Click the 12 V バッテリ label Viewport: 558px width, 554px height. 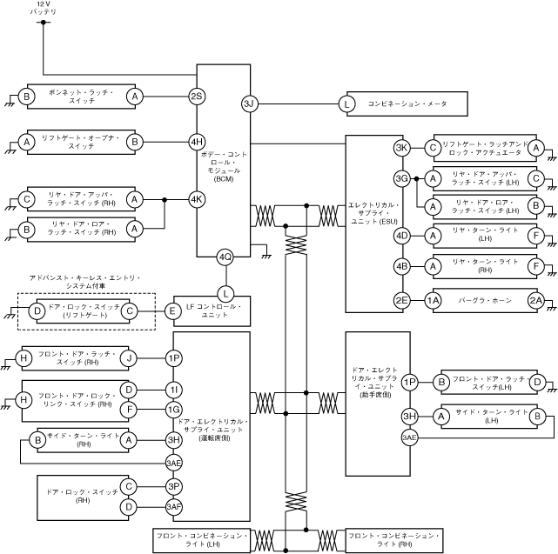click(x=43, y=10)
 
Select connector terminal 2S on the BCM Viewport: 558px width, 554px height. click(x=197, y=96)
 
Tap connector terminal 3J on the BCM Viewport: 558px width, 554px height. click(x=249, y=104)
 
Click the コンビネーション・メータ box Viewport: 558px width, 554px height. click(x=407, y=104)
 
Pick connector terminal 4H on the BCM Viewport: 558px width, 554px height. click(x=197, y=141)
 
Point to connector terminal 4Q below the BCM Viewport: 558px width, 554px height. click(x=225, y=257)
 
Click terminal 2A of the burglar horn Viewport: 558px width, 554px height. click(x=537, y=300)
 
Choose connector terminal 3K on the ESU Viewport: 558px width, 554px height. click(x=401, y=148)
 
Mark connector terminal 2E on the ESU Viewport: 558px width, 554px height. click(x=401, y=300)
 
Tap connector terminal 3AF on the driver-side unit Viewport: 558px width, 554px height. click(x=173, y=506)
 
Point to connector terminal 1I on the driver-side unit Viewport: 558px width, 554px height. click(x=173, y=388)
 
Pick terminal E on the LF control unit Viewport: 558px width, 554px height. click(x=173, y=310)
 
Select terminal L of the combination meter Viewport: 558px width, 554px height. click(x=347, y=104)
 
